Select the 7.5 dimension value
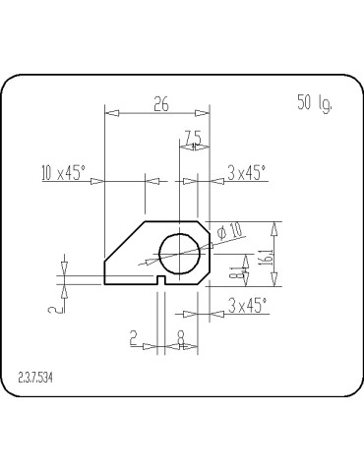pyautogui.click(x=193, y=137)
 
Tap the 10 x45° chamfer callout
pyautogui.click(x=64, y=173)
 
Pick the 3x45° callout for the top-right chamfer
pyautogui.click(x=246, y=173)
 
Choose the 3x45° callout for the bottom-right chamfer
pyautogui.click(x=247, y=306)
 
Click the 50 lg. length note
pyautogui.click(x=315, y=101)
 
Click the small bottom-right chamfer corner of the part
pyautogui.click(x=207, y=280)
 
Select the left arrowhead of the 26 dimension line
pyautogui.click(x=110, y=114)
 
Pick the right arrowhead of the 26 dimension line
pyautogui.click(x=204, y=114)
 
